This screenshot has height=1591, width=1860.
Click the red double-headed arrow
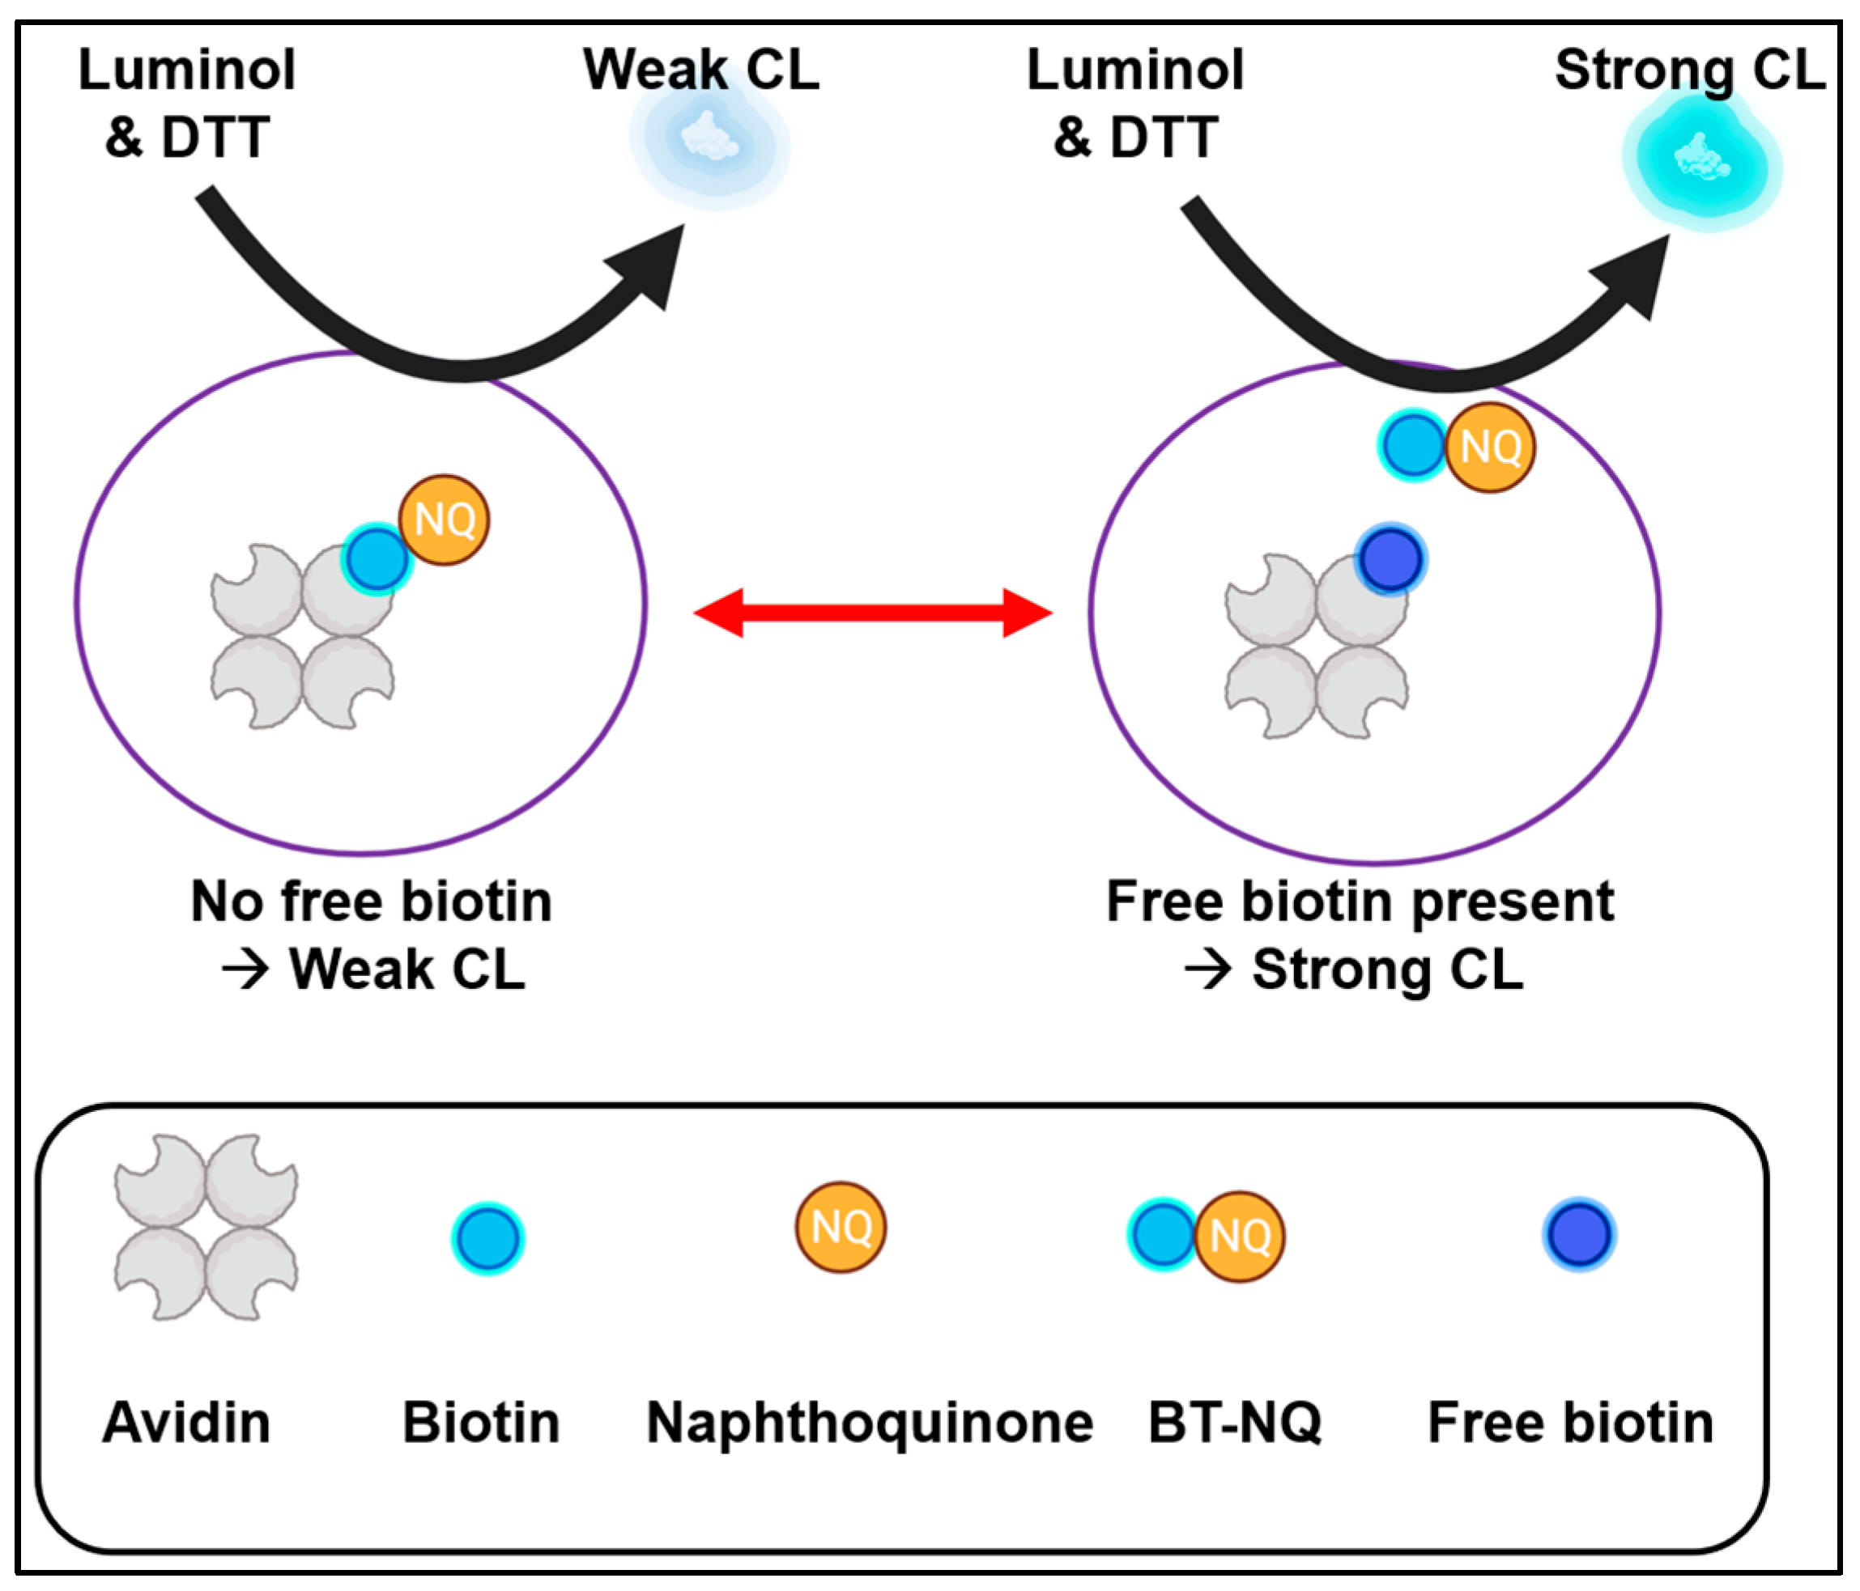(873, 613)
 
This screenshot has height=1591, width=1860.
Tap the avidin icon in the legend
(206, 1227)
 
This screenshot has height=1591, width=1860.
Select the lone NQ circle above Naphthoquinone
(841, 1226)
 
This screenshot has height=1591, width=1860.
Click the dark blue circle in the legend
(1579, 1235)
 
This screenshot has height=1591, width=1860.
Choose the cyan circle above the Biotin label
(487, 1238)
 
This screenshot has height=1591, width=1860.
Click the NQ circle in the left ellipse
(445, 520)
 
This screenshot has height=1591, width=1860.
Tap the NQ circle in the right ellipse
(1490, 447)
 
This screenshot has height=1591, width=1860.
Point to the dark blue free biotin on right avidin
(1390, 559)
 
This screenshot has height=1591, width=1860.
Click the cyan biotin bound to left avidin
(376, 558)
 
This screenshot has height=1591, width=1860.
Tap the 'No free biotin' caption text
(372, 901)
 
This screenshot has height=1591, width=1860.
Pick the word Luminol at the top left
(187, 70)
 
